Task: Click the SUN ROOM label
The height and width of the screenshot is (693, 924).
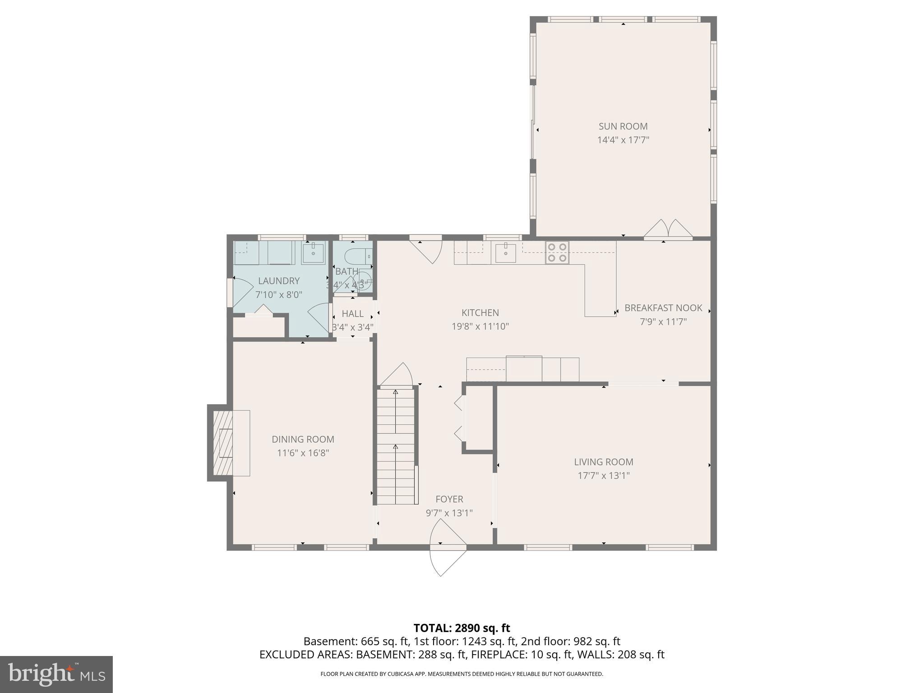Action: (623, 126)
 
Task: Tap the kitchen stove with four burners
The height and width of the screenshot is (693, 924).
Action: (557, 253)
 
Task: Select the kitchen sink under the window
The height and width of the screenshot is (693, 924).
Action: (505, 253)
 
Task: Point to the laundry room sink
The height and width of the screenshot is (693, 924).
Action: (313, 253)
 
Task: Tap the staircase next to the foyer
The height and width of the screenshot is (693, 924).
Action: (396, 447)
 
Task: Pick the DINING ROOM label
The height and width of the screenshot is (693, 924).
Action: (303, 439)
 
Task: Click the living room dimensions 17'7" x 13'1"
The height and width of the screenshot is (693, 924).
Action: (604, 476)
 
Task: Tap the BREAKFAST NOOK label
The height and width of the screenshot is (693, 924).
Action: (663, 308)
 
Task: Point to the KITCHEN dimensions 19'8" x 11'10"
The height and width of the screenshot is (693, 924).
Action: (480, 326)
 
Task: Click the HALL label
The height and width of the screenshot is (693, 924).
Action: (352, 314)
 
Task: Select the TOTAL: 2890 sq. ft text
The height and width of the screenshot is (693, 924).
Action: (462, 628)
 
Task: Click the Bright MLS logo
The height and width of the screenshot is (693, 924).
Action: (56, 674)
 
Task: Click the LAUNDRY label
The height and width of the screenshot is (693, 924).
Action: (278, 281)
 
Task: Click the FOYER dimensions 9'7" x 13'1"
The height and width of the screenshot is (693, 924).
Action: (449, 513)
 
